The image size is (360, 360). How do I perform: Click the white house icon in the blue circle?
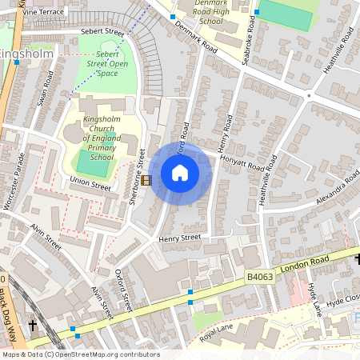click(x=180, y=173)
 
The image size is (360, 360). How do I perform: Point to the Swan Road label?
click(x=45, y=89)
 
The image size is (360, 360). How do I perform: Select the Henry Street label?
click(x=178, y=238)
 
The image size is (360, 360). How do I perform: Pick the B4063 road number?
click(x=259, y=274)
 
